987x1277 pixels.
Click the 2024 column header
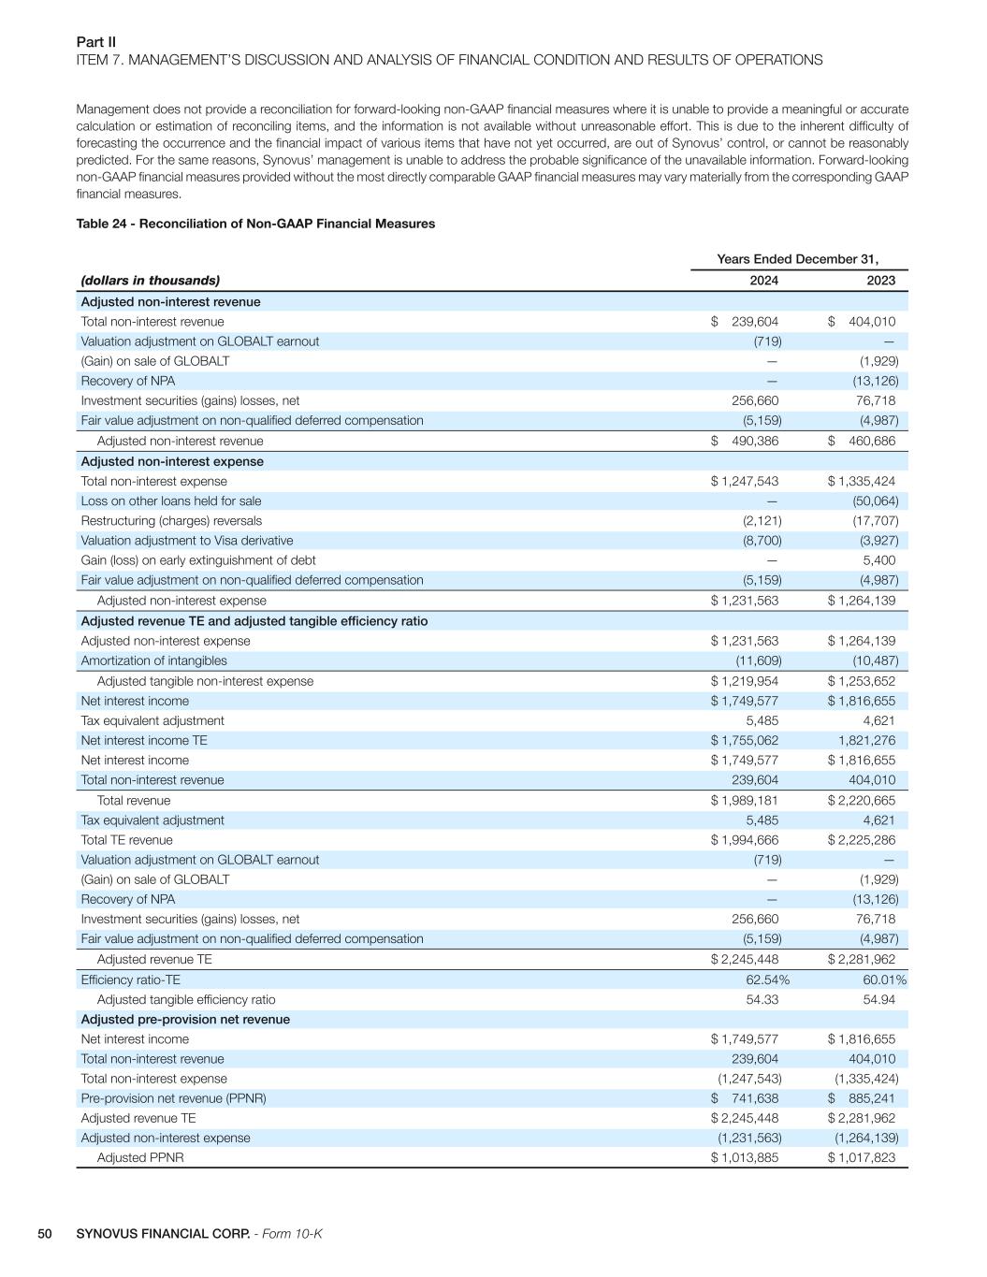(x=763, y=281)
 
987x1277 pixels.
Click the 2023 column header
(x=880, y=281)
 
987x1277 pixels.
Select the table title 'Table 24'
(x=254, y=224)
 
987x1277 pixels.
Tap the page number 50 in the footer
(x=45, y=1234)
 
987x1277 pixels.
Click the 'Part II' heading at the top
(x=95, y=42)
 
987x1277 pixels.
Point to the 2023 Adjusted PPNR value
(x=861, y=1158)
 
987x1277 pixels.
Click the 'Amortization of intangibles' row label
(x=153, y=660)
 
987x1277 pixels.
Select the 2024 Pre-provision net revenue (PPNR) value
(x=745, y=1098)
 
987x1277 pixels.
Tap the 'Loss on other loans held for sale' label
(x=170, y=501)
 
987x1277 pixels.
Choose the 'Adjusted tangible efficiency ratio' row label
(x=186, y=999)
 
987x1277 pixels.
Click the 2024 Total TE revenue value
(x=745, y=840)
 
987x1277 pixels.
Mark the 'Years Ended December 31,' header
(x=797, y=259)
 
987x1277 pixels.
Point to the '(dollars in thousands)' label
(x=150, y=281)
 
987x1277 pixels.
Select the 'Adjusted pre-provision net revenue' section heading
(x=185, y=1020)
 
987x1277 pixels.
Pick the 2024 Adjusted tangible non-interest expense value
(x=745, y=681)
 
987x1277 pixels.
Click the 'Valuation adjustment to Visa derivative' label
(x=186, y=541)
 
